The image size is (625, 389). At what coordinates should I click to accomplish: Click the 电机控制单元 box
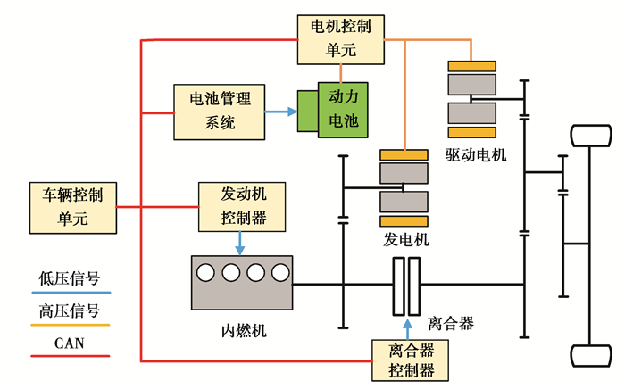coord(339,39)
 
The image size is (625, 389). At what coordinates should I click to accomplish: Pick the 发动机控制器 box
coord(239,204)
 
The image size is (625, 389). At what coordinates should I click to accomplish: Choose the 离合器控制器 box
coord(412,360)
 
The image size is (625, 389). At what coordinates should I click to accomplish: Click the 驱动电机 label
coord(475,154)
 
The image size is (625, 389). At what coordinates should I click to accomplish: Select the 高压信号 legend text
coord(69,312)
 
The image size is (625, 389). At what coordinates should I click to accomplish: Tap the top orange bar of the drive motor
coord(473,66)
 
